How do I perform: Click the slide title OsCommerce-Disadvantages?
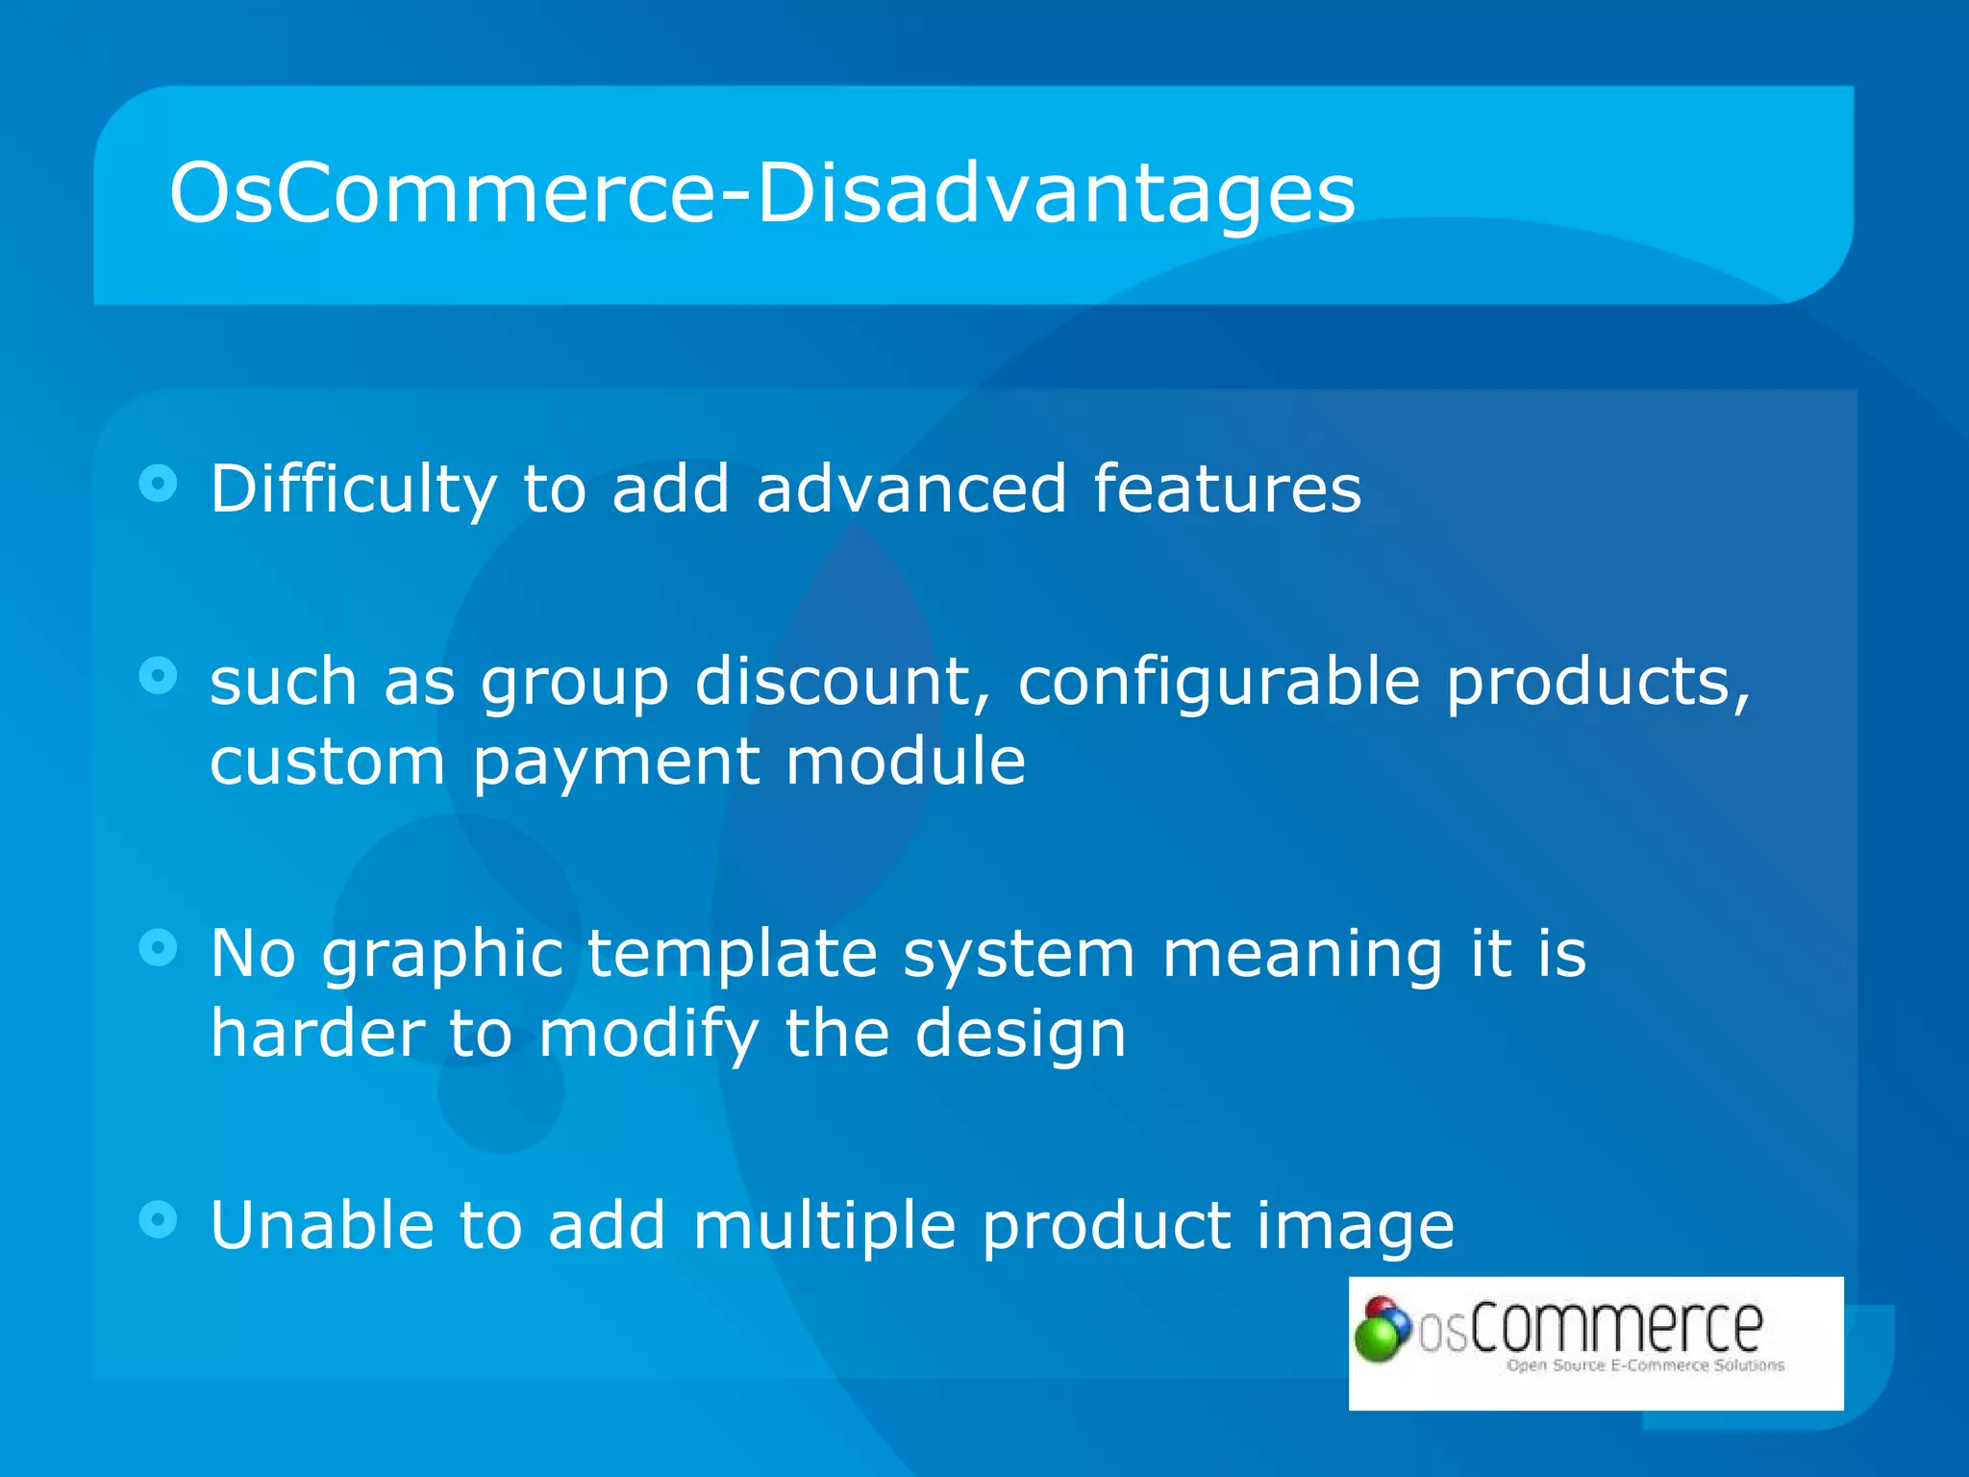pyautogui.click(x=761, y=194)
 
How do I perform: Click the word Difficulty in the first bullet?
pyautogui.click(x=353, y=489)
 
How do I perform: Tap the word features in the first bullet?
pyautogui.click(x=1227, y=488)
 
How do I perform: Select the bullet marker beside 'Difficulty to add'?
pyautogui.click(x=159, y=483)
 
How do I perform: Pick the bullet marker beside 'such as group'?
pyautogui.click(x=159, y=675)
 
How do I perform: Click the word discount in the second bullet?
pyautogui.click(x=842, y=681)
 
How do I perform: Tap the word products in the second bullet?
pyautogui.click(x=1598, y=681)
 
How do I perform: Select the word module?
pyautogui.click(x=906, y=761)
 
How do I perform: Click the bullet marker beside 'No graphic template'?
pyautogui.click(x=159, y=948)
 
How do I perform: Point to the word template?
pyautogui.click(x=733, y=954)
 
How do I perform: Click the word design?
pyautogui.click(x=1020, y=1034)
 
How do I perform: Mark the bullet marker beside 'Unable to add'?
pyautogui.click(x=159, y=1219)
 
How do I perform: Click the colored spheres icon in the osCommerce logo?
pyautogui.click(x=1382, y=1329)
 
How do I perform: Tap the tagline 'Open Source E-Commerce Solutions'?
pyautogui.click(x=1645, y=1365)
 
